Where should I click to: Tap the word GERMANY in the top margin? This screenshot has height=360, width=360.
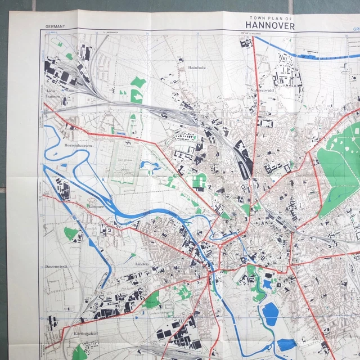[x=56, y=26]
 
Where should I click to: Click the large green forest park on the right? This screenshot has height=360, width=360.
[x=337, y=174]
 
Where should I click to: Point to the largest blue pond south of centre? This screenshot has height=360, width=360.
[x=271, y=314]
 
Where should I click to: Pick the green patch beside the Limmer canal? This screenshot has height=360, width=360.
[x=71, y=233]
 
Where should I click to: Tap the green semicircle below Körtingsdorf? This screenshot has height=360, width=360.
[x=80, y=353]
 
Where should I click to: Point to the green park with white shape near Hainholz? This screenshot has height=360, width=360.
[x=137, y=90]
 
